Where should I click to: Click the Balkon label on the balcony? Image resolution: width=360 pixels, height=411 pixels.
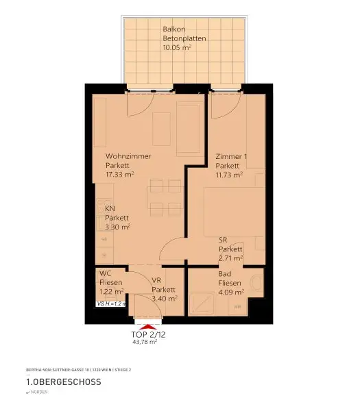[172, 29]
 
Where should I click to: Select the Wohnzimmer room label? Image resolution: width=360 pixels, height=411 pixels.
[128, 156]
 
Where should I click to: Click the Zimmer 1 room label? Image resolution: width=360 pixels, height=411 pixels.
[231, 156]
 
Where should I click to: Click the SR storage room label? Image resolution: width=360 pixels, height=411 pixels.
[223, 239]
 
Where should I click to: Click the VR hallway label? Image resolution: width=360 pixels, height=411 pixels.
[156, 280]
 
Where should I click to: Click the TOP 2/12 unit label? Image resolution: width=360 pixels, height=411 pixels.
[148, 336]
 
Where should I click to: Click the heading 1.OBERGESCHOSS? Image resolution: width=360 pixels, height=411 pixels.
[64, 382]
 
